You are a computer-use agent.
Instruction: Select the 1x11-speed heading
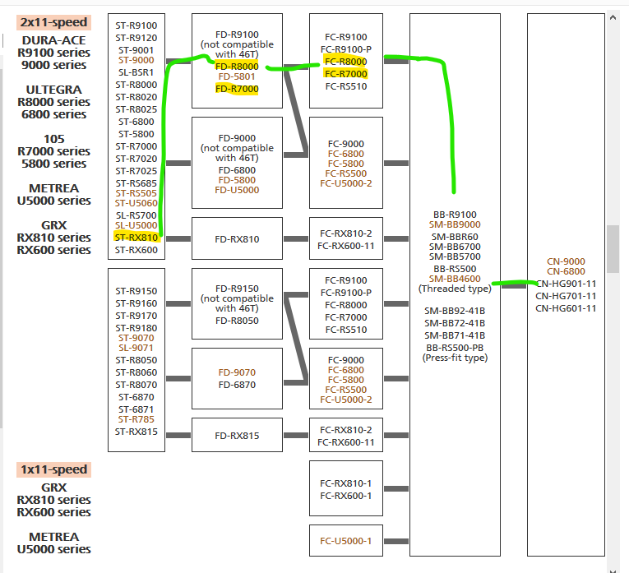(x=53, y=469)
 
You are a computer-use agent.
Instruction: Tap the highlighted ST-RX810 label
(x=136, y=238)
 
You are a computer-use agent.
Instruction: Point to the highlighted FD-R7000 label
(x=237, y=89)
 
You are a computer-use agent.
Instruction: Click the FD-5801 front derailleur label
(x=237, y=77)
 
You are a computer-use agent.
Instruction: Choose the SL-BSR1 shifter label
(x=136, y=72)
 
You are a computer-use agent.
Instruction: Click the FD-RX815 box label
(x=237, y=436)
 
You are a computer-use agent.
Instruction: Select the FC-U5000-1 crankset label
(x=345, y=541)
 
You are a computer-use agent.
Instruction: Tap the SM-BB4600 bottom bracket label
(x=455, y=279)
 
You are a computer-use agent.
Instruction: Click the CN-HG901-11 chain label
(x=566, y=284)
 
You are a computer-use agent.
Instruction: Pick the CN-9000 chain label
(x=566, y=261)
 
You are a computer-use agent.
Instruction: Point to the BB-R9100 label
(x=455, y=215)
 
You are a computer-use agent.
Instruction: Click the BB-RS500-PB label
(x=455, y=348)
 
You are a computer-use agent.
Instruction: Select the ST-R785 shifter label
(x=136, y=419)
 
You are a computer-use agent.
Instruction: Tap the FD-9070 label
(x=237, y=372)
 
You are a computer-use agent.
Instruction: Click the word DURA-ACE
(x=53, y=39)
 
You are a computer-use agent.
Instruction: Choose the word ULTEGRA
(x=53, y=90)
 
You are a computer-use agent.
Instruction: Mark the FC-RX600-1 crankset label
(x=345, y=495)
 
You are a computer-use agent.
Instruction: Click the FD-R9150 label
(x=237, y=289)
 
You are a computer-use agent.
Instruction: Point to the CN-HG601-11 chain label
(x=566, y=308)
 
